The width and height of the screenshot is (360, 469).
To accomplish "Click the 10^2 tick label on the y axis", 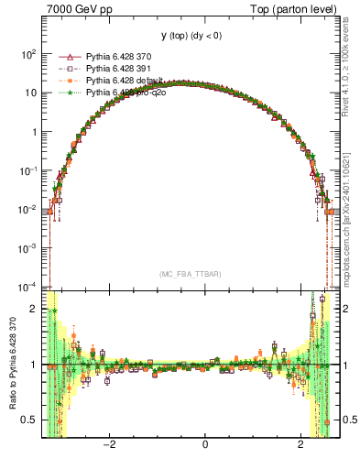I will tap(27, 54).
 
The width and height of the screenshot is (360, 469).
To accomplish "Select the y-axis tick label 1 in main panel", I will tap(34, 132).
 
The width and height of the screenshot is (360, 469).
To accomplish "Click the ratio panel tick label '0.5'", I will tap(29, 420).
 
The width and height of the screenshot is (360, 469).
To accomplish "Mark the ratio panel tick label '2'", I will tap(35, 309).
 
